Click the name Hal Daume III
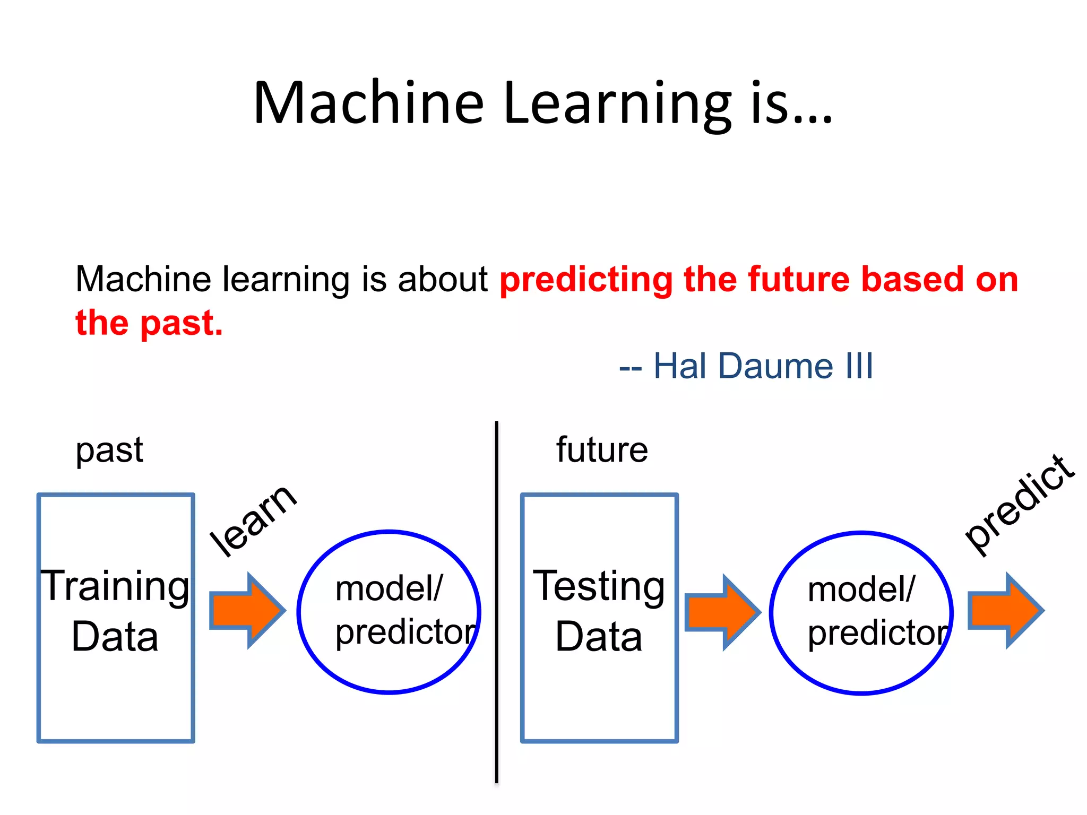[763, 366]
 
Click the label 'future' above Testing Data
[602, 450]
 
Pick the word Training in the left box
[115, 586]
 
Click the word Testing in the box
[599, 586]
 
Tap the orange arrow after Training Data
[247, 611]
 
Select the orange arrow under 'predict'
[1005, 611]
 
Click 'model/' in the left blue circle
[389, 589]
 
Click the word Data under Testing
[599, 637]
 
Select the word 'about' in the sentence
[443, 280]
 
